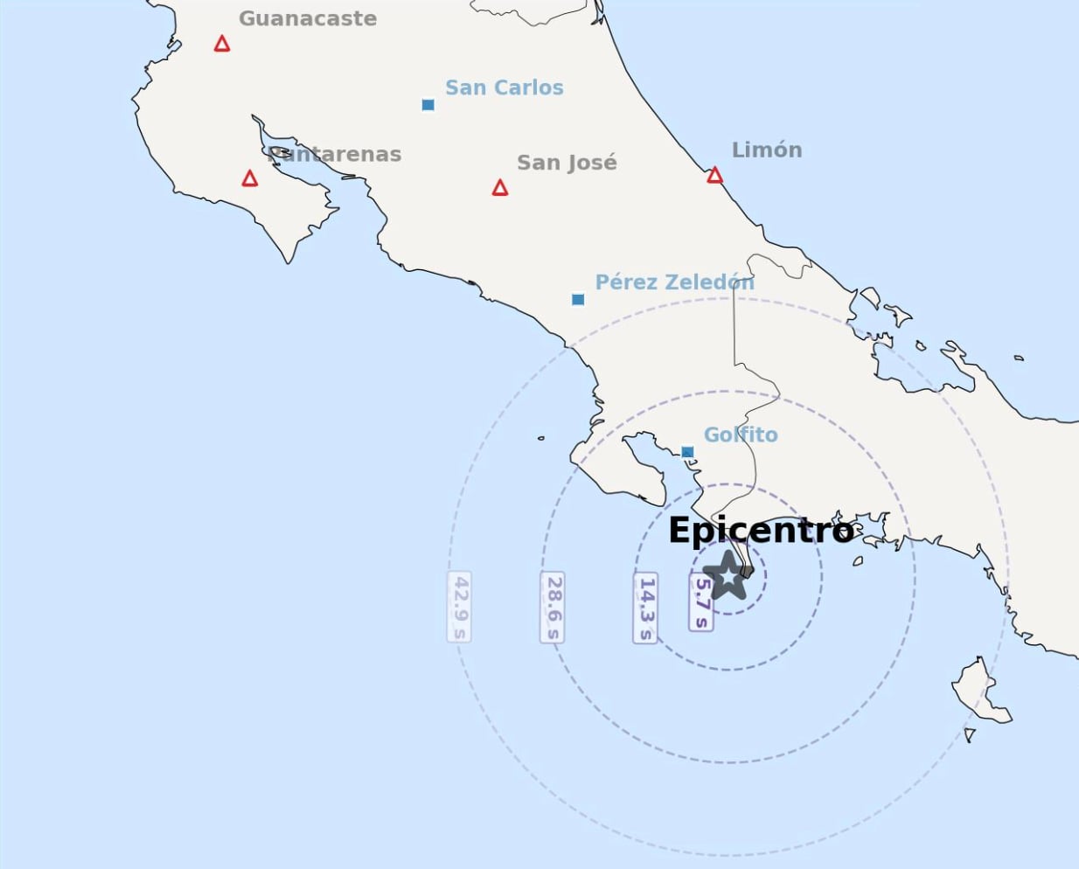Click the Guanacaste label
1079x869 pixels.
pyautogui.click(x=307, y=18)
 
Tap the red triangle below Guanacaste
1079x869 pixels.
pyautogui.click(x=222, y=44)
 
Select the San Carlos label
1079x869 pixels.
pyautogui.click(x=504, y=87)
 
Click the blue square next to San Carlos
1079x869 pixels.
pyautogui.click(x=428, y=105)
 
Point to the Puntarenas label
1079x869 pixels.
pyautogui.click(x=335, y=155)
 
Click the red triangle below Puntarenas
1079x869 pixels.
pyautogui.click(x=250, y=179)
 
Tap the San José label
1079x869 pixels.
pyautogui.click(x=567, y=163)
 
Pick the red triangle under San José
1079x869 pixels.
pyautogui.click(x=500, y=188)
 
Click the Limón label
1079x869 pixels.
pyautogui.click(x=767, y=150)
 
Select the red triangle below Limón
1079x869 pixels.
pyautogui.click(x=715, y=176)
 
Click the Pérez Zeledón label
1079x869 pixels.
pyautogui.click(x=674, y=282)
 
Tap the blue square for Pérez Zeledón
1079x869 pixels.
pyautogui.click(x=578, y=300)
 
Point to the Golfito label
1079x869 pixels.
pyautogui.click(x=741, y=434)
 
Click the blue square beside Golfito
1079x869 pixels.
pyautogui.click(x=687, y=452)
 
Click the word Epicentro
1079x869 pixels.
pyautogui.click(x=761, y=531)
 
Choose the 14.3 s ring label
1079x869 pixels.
pyautogui.click(x=645, y=608)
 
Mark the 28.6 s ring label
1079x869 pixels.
pyautogui.click(x=553, y=608)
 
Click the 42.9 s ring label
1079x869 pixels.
pyautogui.click(x=459, y=608)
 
